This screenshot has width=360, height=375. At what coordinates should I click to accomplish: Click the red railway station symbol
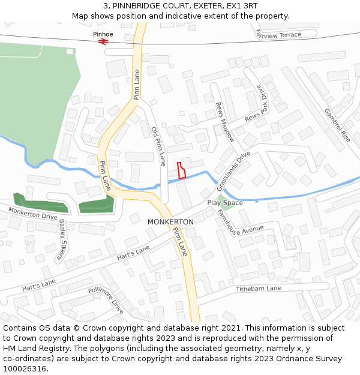pos(103,41)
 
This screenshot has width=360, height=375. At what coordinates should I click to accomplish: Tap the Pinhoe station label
pos(103,34)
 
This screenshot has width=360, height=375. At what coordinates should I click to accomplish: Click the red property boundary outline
pos(181,170)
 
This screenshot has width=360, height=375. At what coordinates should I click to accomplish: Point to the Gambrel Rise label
pos(336,125)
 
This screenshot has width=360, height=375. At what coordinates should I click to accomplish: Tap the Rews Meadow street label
pos(225,121)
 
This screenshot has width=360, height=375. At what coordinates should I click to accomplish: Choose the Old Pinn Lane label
pos(158,146)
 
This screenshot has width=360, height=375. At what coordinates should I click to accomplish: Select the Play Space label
pos(225,203)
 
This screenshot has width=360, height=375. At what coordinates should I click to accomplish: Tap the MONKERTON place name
pos(170,222)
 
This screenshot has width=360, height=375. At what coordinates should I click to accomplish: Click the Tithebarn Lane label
pos(258,289)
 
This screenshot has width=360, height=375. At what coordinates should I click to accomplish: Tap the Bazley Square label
pos(62,240)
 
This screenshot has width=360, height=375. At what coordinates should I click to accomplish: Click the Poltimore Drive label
pos(106,300)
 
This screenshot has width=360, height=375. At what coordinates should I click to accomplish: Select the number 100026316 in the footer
pos(26,368)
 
